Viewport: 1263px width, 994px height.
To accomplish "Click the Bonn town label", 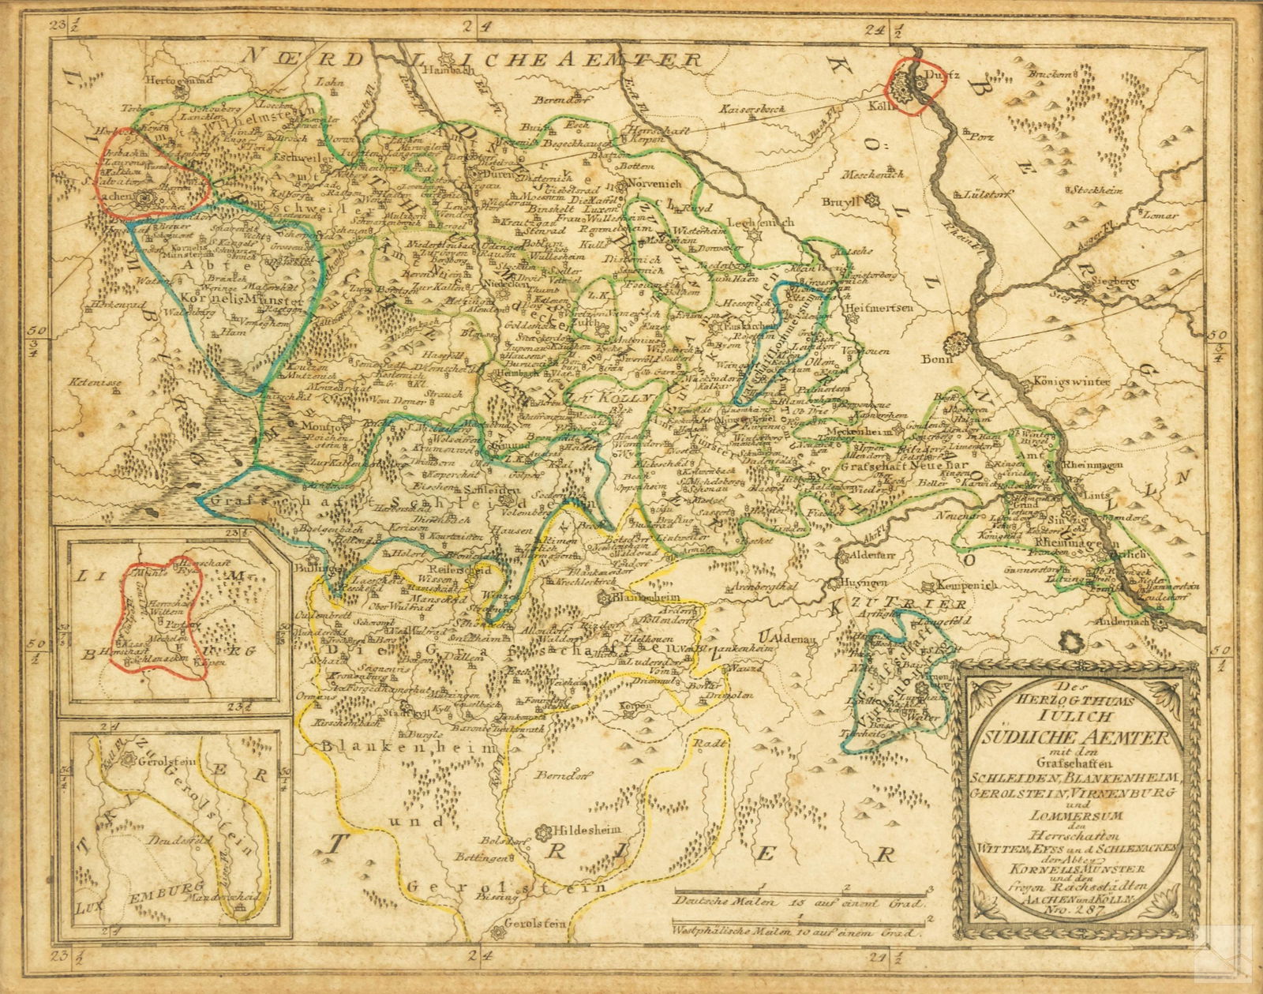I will coord(938,358).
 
